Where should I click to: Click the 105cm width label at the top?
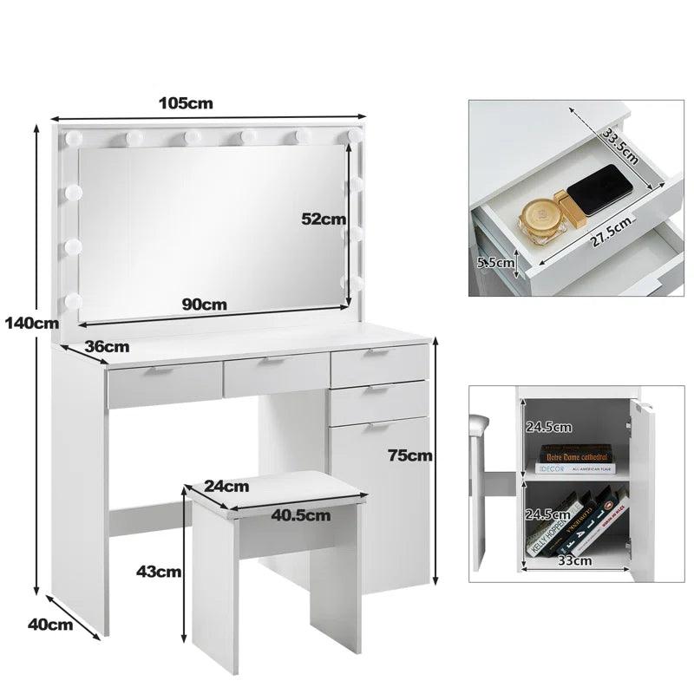(x=185, y=103)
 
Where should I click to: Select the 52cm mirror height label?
(x=323, y=219)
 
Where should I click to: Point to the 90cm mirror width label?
(x=205, y=304)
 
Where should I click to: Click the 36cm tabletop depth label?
(x=107, y=347)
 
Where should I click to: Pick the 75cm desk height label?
(x=409, y=455)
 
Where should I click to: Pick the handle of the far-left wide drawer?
(x=158, y=370)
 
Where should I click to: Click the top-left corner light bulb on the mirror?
(x=72, y=139)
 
